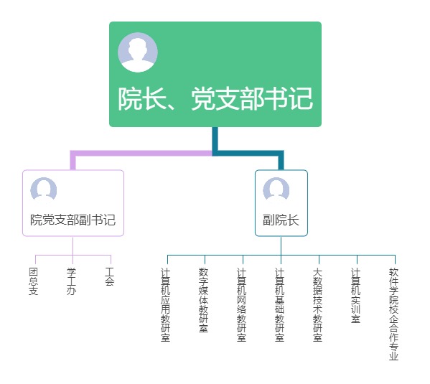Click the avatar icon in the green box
pos(138,52)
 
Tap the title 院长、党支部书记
pos(215,99)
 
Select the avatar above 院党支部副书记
pos(44,189)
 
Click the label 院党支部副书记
pos(73,220)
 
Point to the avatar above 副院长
pos(276,189)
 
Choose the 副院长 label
pos(281,220)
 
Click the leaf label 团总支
pos(34,281)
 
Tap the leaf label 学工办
pos(71,281)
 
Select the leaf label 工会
pos(109,276)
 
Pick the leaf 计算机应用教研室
pos(166,305)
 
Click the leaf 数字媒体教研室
pos(203,300)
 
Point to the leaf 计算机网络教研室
pos(242,305)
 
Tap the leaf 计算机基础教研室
pos(280,305)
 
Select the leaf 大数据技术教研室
pos(317,305)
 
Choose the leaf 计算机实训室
pos(355,296)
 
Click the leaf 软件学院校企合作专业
pos(394,314)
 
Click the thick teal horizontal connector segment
pos(248,153)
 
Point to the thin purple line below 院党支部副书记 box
pos(73,245)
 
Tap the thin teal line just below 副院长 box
pos(281,245)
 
